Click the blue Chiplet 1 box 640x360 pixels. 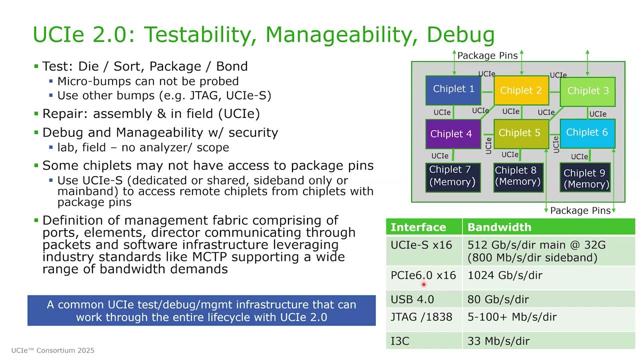click(x=453, y=89)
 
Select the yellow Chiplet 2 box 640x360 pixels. click(x=520, y=90)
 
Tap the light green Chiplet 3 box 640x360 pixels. click(x=587, y=91)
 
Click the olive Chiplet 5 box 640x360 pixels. click(x=520, y=133)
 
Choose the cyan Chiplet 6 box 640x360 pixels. click(x=587, y=132)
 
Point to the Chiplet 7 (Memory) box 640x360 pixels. click(x=452, y=176)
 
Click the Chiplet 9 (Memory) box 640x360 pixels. click(x=586, y=178)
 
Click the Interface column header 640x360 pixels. click(x=418, y=227)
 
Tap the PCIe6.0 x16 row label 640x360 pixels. click(x=423, y=275)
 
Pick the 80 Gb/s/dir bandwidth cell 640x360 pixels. click(x=498, y=299)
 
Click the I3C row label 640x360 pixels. click(x=400, y=341)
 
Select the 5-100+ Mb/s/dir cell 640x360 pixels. click(x=512, y=316)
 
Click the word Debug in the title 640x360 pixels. click(x=460, y=35)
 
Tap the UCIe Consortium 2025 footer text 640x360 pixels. click(x=53, y=350)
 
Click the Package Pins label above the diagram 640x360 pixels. click(x=487, y=55)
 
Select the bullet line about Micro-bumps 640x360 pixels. click(x=147, y=81)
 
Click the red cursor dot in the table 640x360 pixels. click(x=423, y=284)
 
